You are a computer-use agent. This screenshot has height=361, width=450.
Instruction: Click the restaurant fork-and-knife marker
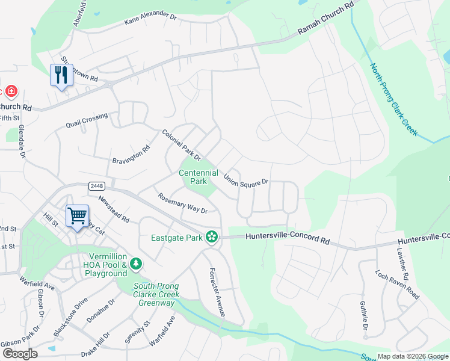(61, 75)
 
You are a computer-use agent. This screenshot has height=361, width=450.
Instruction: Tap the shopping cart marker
(77, 215)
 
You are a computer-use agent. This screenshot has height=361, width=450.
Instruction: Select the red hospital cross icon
(11, 91)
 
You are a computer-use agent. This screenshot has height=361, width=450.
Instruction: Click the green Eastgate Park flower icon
(211, 237)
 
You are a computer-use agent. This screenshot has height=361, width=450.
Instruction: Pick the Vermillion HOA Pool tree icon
(137, 264)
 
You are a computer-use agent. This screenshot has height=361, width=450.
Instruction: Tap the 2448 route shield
(96, 186)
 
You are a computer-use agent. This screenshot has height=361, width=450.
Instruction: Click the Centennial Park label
(198, 177)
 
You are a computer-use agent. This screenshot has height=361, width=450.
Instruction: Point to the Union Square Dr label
(245, 180)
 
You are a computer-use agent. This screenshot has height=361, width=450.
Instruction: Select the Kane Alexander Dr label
(150, 20)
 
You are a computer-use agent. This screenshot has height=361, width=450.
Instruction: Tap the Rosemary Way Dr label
(182, 203)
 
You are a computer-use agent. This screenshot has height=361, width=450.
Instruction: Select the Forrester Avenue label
(217, 292)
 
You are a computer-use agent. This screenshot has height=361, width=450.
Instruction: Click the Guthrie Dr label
(365, 315)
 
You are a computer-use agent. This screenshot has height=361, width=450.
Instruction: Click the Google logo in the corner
(20, 354)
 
